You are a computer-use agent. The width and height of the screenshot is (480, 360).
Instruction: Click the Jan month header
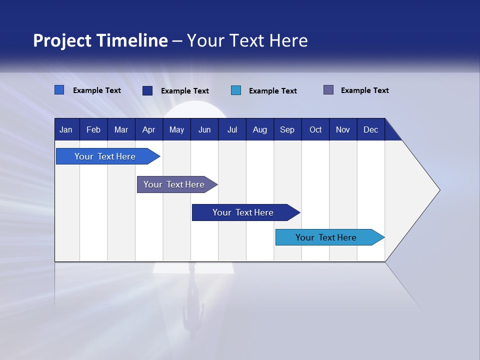66,130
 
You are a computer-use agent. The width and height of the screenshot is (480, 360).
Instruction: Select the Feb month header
93,130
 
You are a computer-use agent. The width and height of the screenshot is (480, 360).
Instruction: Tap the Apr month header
148,130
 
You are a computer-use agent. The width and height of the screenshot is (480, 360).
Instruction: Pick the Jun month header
204,130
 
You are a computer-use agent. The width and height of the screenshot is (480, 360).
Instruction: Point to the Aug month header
259,130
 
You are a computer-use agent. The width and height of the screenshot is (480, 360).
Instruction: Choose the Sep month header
287,130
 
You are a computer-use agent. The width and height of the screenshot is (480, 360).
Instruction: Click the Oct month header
315,130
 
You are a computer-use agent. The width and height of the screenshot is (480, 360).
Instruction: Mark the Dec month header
370,130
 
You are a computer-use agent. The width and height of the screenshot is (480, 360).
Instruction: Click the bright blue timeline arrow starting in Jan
105,156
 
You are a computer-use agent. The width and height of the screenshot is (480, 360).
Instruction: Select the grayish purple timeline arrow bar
174,184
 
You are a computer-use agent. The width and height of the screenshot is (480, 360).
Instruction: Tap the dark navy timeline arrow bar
243,212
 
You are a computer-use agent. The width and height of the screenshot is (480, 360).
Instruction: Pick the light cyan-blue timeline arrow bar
326,237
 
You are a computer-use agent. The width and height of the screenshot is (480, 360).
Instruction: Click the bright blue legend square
59,90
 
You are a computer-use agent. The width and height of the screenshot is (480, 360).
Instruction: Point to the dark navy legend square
147,90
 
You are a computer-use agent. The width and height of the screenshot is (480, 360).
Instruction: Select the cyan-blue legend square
236,90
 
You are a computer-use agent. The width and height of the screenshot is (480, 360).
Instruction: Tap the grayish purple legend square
328,90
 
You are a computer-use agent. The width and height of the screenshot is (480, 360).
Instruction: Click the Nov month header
343,130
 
